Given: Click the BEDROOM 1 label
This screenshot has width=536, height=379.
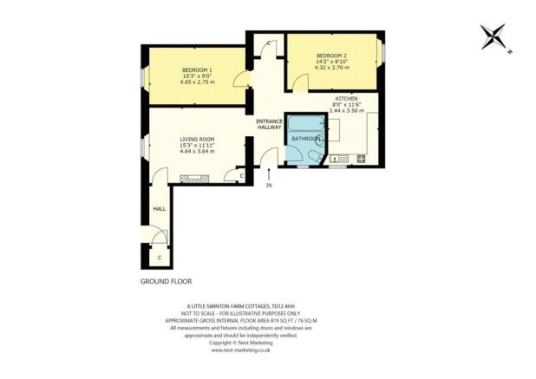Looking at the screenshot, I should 197,70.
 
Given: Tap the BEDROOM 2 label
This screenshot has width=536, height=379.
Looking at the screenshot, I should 331,53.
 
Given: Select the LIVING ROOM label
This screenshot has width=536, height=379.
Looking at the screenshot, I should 198,139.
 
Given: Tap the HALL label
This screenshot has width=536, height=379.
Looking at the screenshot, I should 160,209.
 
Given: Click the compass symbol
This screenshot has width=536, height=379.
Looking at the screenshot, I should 496,36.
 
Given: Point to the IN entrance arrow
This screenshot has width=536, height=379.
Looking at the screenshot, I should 269,176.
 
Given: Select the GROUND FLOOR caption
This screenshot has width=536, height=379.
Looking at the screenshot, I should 166,282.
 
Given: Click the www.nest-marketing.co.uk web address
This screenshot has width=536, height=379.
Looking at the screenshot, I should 241,351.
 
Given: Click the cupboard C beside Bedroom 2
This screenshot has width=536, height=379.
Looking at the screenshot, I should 269,44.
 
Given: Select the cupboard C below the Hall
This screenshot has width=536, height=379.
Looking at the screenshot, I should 160,258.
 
